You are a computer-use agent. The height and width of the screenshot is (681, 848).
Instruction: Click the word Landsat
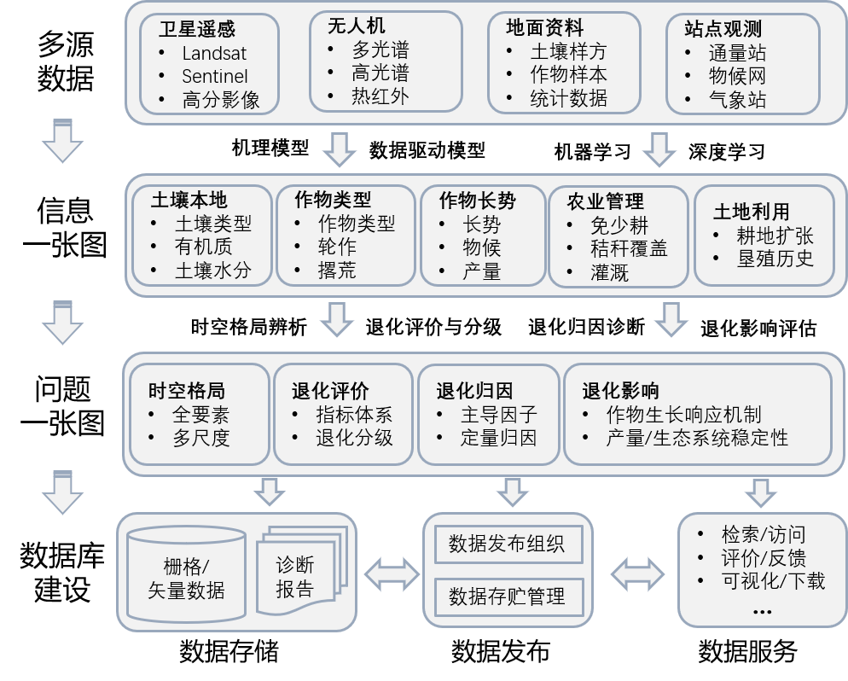(x=214, y=53)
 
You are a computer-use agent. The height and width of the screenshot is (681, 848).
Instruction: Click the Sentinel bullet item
(x=215, y=76)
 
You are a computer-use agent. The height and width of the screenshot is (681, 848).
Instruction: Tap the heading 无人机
(x=357, y=26)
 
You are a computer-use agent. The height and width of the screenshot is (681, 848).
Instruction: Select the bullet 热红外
(x=380, y=96)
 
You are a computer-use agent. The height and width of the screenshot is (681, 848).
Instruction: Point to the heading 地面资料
(x=545, y=28)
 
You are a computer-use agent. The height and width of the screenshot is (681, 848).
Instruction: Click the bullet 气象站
(x=737, y=100)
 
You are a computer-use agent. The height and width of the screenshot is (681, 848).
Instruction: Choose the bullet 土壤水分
(x=213, y=271)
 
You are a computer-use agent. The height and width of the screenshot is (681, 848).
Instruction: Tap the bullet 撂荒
(x=337, y=271)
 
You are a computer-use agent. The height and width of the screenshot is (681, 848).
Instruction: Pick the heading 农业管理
(x=605, y=202)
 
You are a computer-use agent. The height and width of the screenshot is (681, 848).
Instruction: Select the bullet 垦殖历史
(x=775, y=258)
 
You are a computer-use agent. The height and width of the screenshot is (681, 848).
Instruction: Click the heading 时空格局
(x=186, y=391)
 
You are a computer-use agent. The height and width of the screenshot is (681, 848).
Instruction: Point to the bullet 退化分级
(x=354, y=439)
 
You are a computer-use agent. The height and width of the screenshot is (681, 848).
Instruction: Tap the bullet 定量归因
(x=499, y=439)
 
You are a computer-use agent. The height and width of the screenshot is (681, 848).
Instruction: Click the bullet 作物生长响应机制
(x=683, y=416)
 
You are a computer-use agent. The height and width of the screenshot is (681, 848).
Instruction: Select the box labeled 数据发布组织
(x=507, y=544)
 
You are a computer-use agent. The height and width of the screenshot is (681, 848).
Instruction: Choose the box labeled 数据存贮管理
(x=507, y=596)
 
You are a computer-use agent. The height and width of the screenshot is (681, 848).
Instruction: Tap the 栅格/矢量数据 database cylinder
(x=186, y=576)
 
